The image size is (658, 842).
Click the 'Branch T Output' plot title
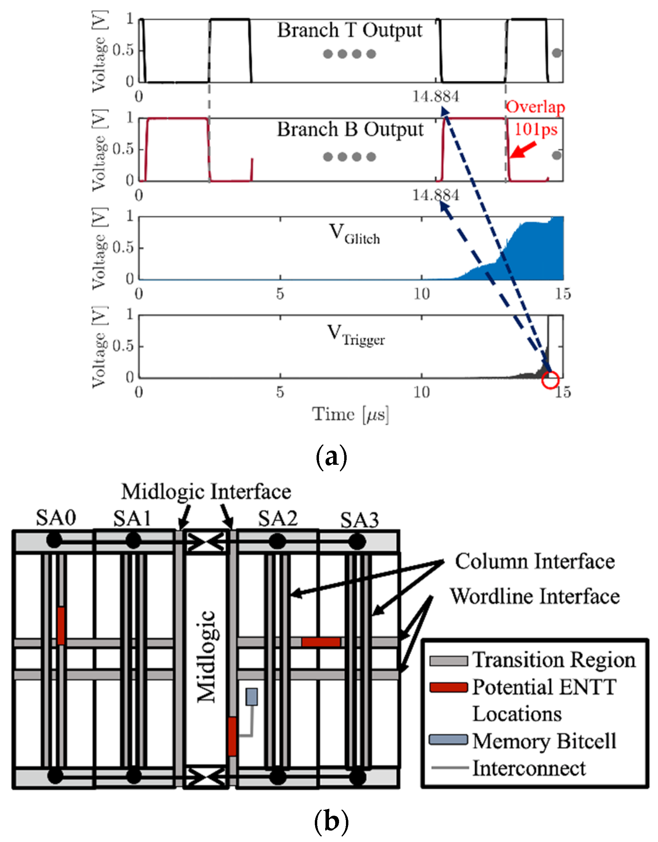point(350,30)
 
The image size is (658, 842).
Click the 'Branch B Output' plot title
point(350,129)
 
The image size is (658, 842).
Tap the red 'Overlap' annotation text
point(535,107)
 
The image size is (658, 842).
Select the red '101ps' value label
point(536,129)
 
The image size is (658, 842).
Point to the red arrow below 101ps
point(523,150)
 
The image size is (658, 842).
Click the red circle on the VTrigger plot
point(550,380)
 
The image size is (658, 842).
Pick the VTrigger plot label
point(355,335)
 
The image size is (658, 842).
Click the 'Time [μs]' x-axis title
point(350,415)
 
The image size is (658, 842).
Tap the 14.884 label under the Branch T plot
point(436,97)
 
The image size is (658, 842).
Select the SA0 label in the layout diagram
point(56,518)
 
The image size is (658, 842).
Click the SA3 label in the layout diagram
point(359,520)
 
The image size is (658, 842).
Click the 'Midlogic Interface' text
point(206,492)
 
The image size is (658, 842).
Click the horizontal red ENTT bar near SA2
point(321,642)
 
